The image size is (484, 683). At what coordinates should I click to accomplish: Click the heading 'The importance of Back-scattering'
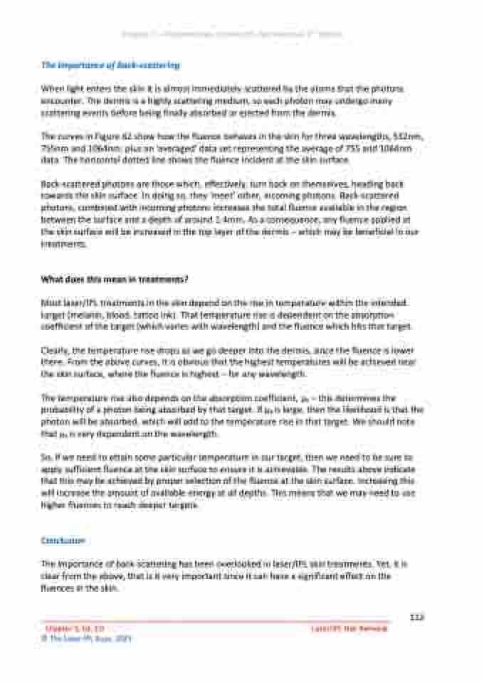tap(110, 65)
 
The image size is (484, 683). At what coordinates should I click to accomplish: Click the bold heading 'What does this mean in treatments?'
tap(114, 278)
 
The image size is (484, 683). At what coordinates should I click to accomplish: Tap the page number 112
tap(418, 617)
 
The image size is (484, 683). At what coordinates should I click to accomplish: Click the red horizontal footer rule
tap(214, 622)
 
